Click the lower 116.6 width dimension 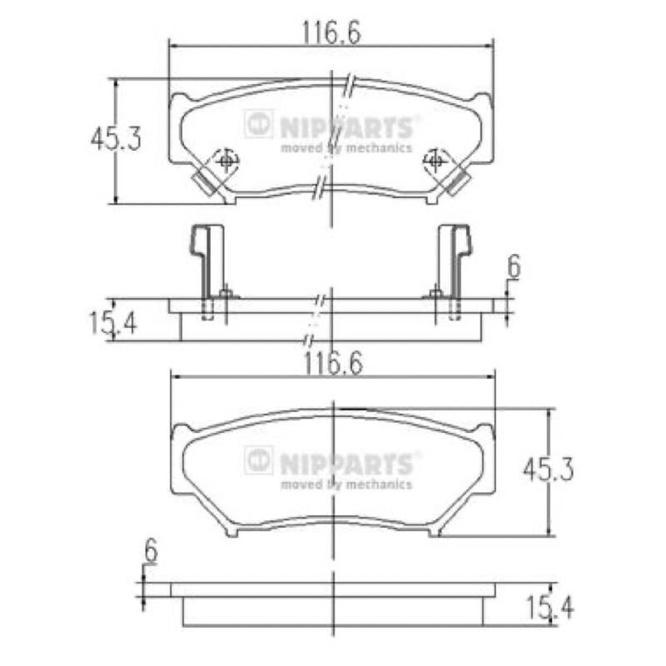pyautogui.click(x=334, y=364)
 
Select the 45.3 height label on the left pyautogui.click(x=116, y=138)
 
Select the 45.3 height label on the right pyautogui.click(x=549, y=470)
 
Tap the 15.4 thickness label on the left pyautogui.click(x=113, y=323)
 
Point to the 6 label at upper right pyautogui.click(x=514, y=267)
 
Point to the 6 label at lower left pyautogui.click(x=151, y=550)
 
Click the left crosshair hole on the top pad pyautogui.click(x=226, y=161)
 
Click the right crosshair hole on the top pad pyautogui.click(x=435, y=161)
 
